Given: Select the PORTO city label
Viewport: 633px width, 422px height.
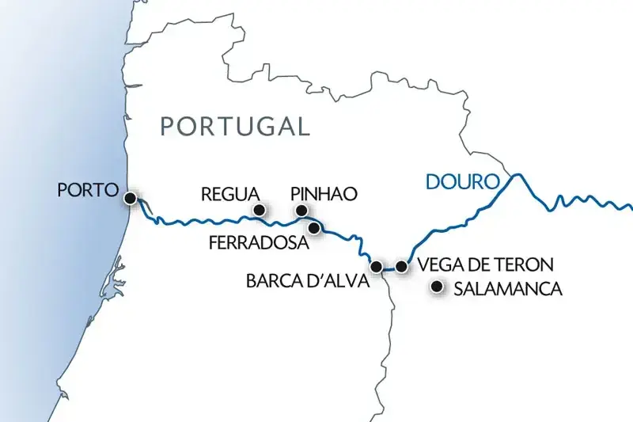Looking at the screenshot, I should tap(88, 191).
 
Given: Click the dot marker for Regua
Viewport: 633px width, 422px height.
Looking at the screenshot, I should tap(257, 210).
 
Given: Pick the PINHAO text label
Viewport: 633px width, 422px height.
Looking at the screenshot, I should tap(324, 193).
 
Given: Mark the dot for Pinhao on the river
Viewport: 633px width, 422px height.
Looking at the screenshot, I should tap(301, 210).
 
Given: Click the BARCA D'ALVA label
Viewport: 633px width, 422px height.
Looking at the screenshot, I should tap(307, 279).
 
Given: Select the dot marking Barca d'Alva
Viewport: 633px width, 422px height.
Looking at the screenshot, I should tap(377, 267).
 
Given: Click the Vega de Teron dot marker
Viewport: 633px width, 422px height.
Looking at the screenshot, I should tap(402, 267).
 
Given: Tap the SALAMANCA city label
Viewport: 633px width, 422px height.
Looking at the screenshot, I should tap(507, 290).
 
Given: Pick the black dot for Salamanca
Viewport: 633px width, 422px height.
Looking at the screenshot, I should tap(435, 287).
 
